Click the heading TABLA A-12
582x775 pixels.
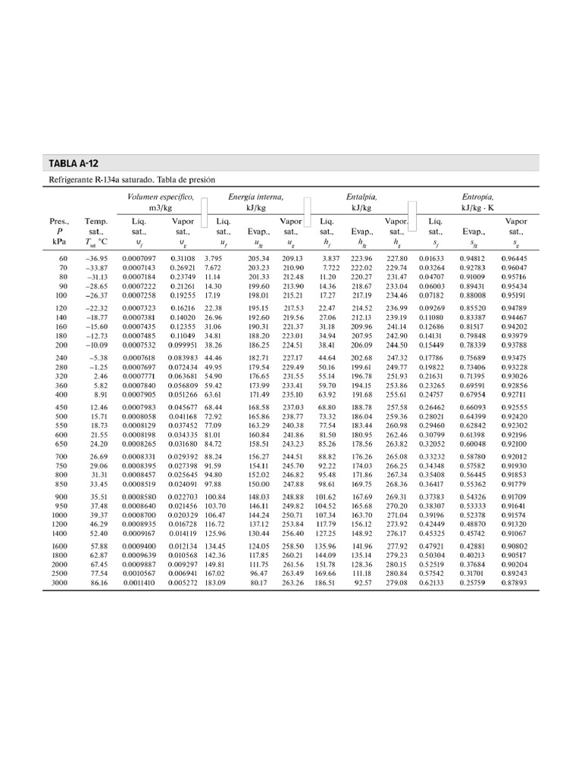pos(74,163)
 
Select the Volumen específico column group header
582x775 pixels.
pos(161,197)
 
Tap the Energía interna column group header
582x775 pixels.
pos(256,197)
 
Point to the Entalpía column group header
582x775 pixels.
pos(361,197)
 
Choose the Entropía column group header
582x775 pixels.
pos(477,197)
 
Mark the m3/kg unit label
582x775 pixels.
pos(161,207)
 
